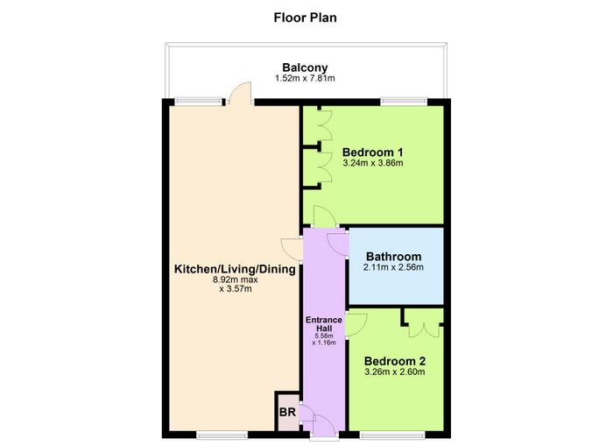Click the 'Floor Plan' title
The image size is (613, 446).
click(x=305, y=18)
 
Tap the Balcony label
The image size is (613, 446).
click(x=305, y=67)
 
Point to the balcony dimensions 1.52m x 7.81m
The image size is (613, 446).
click(x=305, y=78)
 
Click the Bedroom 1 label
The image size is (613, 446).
click(x=372, y=152)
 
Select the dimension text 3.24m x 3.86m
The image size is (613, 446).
click(x=372, y=163)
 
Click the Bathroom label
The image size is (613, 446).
click(x=394, y=257)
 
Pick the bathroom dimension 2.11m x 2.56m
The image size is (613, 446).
click(x=394, y=267)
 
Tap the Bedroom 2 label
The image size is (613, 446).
click(x=395, y=361)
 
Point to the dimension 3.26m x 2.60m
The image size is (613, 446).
click(x=395, y=372)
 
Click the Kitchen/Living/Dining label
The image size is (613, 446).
click(x=235, y=269)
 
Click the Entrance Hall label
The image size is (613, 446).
click(x=324, y=324)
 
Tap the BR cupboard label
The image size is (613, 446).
click(x=287, y=413)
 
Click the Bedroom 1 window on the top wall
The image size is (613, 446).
click(x=404, y=102)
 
